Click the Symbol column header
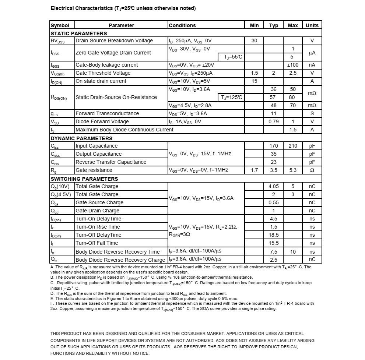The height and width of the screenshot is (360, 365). (x=60, y=25)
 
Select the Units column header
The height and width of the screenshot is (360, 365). (x=312, y=25)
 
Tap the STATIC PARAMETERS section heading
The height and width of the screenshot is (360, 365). (x=78, y=33)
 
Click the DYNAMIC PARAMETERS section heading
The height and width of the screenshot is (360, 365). (x=81, y=138)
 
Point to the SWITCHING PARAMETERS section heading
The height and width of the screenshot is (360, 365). (x=84, y=179)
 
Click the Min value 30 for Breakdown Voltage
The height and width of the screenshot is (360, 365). (x=255, y=40)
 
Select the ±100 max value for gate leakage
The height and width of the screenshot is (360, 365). (x=293, y=65)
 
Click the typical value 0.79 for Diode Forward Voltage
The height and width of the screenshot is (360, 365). (x=274, y=121)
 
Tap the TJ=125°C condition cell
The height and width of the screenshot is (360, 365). (x=232, y=97)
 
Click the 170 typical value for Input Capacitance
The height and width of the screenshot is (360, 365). (x=274, y=146)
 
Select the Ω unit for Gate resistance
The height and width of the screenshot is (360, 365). (x=312, y=170)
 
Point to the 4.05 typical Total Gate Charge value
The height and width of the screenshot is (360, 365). (x=274, y=186)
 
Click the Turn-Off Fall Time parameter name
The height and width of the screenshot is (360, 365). (x=96, y=243)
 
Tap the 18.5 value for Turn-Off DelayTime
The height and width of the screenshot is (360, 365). (x=274, y=235)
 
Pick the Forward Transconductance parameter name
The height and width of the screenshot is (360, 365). (x=107, y=113)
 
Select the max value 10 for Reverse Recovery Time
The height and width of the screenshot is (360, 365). (x=293, y=252)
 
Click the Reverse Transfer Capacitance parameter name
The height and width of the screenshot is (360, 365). (x=111, y=162)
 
